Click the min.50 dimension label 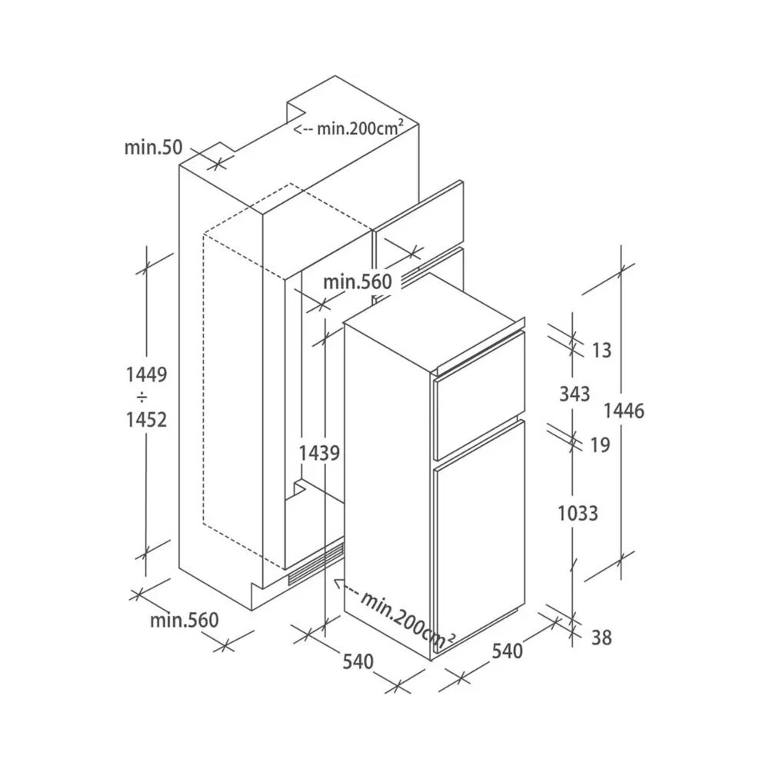153,147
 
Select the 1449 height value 147,375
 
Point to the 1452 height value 147,420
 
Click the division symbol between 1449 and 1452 141,397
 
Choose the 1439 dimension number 319,453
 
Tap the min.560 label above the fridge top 358,281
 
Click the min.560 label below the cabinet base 185,620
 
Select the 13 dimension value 602,350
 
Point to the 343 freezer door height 574,394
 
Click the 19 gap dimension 600,444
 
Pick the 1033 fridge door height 578,514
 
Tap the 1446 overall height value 624,411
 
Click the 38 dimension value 601,638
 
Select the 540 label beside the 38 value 508,651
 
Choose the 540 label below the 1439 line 358,661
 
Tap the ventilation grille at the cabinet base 316,564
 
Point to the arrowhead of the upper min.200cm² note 297,129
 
